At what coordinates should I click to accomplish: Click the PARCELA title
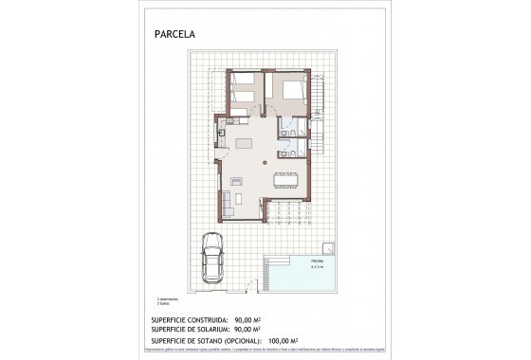click(x=175, y=36)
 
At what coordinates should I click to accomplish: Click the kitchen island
click(x=246, y=142)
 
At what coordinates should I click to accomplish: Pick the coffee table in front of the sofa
click(x=241, y=196)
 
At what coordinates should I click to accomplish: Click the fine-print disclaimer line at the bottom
click(x=265, y=349)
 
